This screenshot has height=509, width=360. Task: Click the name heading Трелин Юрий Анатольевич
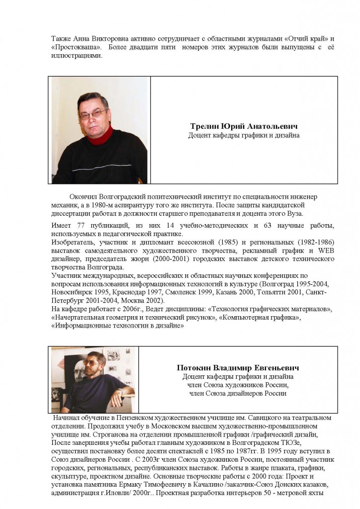pyautogui.click(x=244, y=126)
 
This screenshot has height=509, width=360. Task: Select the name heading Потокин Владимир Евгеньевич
pyautogui.click(x=244, y=368)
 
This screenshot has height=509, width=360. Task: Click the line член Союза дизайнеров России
pyautogui.click(x=238, y=393)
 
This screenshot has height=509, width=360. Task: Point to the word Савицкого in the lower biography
pyautogui.click(x=223, y=418)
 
